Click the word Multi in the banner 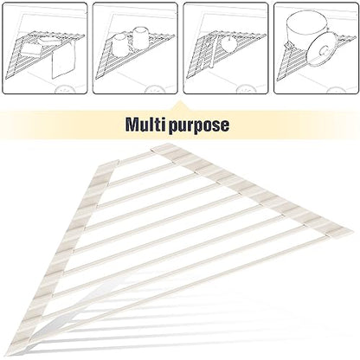click(x=145, y=125)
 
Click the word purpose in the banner click(x=199, y=126)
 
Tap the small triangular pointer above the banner click(x=180, y=106)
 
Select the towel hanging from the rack click(x=63, y=61)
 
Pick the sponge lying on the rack click(x=32, y=49)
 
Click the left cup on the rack click(x=119, y=44)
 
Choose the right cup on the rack click(x=141, y=37)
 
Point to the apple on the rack click(x=228, y=44)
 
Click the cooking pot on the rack click(x=306, y=29)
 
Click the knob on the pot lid click(x=324, y=51)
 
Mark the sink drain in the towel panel click(x=65, y=89)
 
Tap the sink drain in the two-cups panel click(x=155, y=89)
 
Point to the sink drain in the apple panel click(x=246, y=89)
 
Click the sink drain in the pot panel click(x=336, y=90)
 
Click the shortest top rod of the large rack click(x=135, y=157)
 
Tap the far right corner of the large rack click(x=351, y=231)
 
